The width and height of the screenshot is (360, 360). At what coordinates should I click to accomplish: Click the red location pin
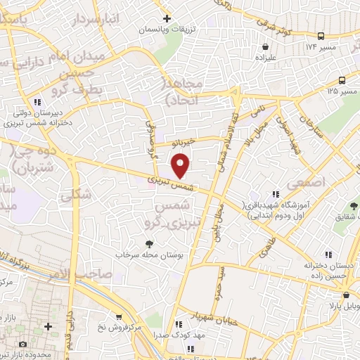click(181, 165)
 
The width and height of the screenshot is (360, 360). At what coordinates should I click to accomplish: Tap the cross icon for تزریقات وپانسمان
click(166, 18)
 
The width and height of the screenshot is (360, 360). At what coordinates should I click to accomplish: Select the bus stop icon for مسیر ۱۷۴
click(321, 35)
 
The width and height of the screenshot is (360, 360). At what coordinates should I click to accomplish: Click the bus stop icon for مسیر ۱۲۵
click(342, 79)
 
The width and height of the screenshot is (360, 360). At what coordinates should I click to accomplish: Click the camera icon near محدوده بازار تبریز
click(23, 345)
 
